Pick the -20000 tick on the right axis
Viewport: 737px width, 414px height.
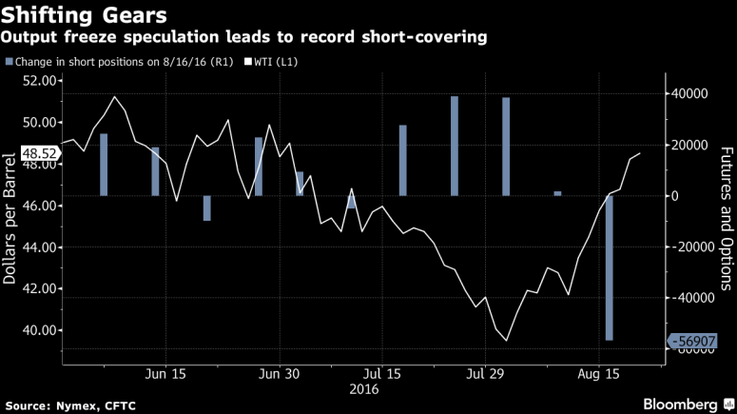688,246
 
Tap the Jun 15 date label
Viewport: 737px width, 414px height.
165,373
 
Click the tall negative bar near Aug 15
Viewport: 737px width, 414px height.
609,267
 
